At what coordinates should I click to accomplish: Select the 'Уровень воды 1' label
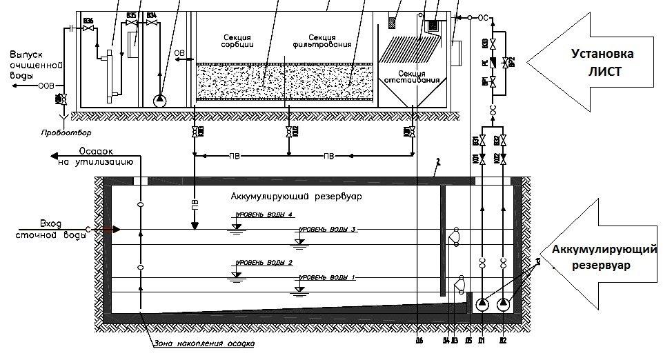324,277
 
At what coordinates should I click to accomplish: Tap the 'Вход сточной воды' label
43,230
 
